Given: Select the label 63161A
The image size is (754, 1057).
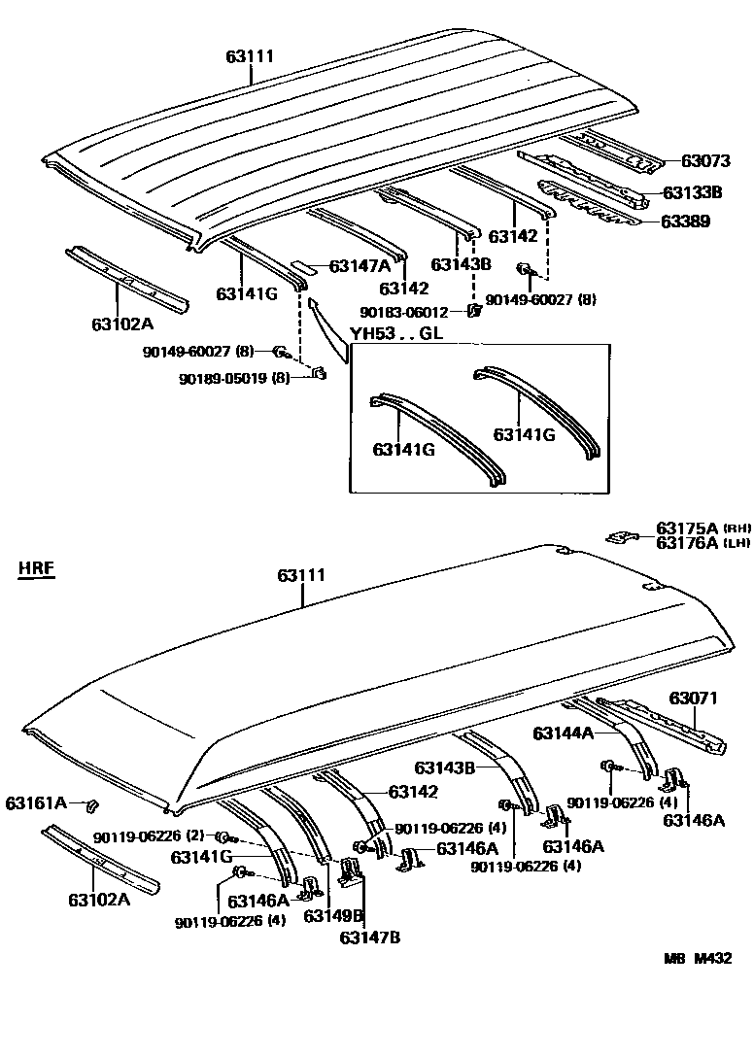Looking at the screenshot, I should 36,802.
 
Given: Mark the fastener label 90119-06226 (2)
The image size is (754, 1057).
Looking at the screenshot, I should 149,836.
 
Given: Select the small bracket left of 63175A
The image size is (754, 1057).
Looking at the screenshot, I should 620,536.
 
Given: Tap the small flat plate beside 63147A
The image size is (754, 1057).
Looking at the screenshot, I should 303,265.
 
